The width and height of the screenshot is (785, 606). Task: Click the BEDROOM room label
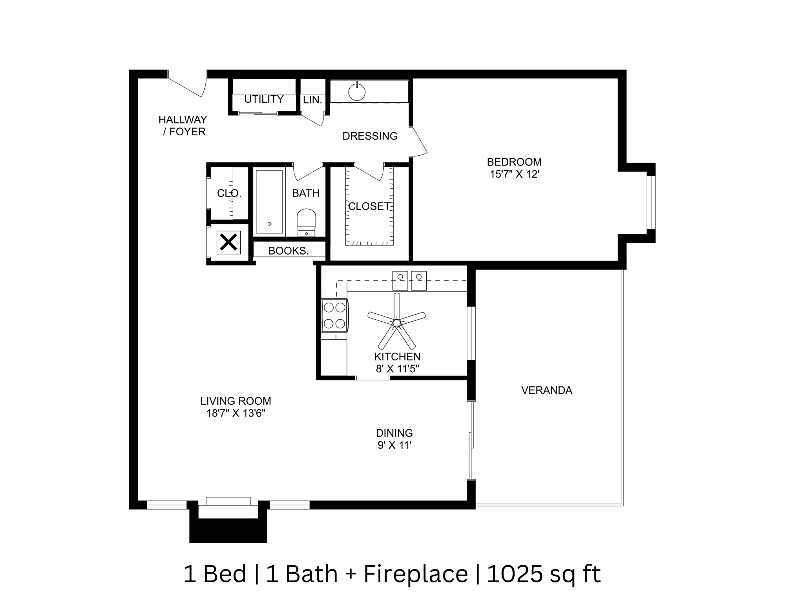coord(514,162)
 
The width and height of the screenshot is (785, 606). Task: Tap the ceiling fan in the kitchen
coord(396,322)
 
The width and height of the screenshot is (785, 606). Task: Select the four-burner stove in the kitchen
coord(334,316)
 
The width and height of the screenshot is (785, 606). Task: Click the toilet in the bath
coord(306,223)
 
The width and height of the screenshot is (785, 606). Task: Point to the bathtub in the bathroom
coord(269,202)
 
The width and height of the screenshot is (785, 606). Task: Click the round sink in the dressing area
coord(357,93)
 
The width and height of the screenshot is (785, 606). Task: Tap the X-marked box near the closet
coord(228,242)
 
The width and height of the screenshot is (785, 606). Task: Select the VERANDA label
coord(546,390)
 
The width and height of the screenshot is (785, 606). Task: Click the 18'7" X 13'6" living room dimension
coord(236,413)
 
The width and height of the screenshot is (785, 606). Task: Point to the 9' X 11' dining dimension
coord(394,445)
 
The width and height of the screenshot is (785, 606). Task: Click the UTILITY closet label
coord(264,99)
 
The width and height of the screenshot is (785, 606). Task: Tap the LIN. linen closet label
coord(312,100)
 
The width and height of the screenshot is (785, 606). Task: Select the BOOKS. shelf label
coord(288,251)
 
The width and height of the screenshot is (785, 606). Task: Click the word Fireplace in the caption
coord(416,574)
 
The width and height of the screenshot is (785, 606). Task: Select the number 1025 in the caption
coord(515,574)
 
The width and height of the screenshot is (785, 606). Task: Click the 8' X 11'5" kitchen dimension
coord(397,369)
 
